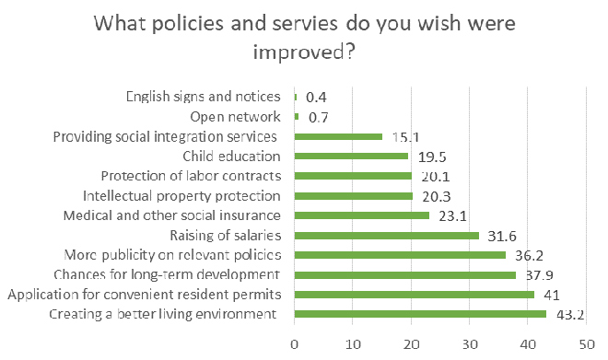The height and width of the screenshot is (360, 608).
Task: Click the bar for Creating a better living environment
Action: (x=420, y=314)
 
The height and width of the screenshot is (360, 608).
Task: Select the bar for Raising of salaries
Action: (x=386, y=235)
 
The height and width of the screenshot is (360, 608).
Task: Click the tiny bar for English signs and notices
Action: (x=296, y=97)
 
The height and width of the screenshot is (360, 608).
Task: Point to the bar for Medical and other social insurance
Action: (x=362, y=215)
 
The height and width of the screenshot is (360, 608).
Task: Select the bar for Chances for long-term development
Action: (x=404, y=274)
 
